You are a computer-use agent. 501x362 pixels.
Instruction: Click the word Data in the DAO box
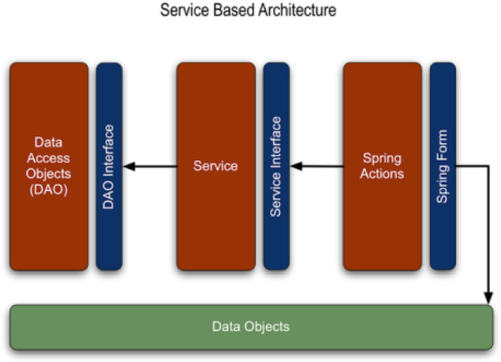(x=49, y=142)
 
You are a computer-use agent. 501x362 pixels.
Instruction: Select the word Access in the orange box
(x=49, y=157)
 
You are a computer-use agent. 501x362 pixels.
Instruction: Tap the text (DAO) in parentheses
(x=49, y=190)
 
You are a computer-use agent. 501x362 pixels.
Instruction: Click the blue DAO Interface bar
(x=109, y=225)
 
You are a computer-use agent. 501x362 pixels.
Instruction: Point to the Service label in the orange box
(x=216, y=166)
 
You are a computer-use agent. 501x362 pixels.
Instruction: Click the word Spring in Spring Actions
(x=382, y=158)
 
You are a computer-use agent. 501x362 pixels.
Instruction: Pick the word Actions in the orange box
(x=382, y=174)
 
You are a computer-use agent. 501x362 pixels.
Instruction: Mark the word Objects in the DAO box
(x=49, y=174)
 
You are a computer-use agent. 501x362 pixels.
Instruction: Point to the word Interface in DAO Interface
(x=109, y=153)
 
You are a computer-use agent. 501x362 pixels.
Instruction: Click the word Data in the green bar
(x=227, y=327)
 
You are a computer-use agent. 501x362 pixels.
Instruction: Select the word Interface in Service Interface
(x=276, y=142)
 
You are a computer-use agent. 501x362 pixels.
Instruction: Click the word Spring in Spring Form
(x=443, y=183)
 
